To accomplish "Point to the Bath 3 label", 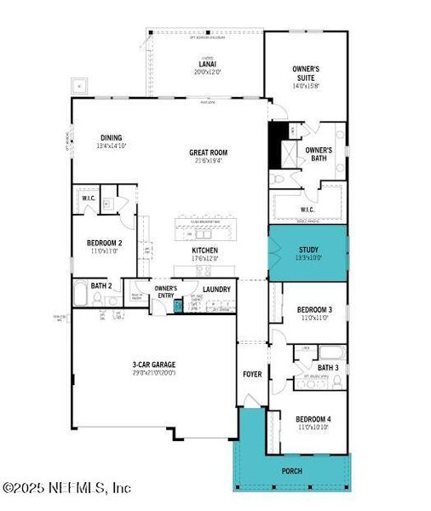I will (327, 368).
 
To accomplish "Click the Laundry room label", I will (216, 290).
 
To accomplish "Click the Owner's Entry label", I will (165, 292).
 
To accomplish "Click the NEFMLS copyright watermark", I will (66, 488).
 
